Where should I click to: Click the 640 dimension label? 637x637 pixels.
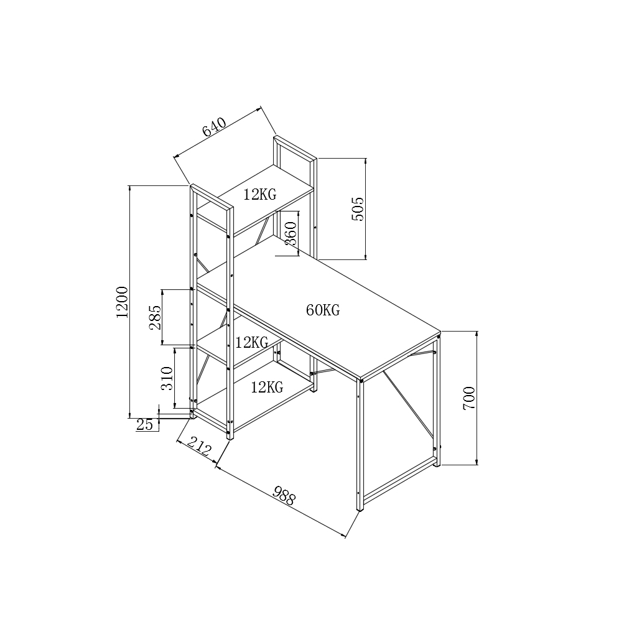click(x=214, y=127)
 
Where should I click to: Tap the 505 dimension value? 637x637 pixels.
click(x=358, y=209)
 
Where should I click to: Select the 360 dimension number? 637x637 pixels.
click(x=291, y=233)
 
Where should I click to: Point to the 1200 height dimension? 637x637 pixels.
click(x=122, y=302)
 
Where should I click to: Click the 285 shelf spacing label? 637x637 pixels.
click(x=155, y=317)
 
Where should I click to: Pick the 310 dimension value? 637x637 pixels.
click(x=167, y=378)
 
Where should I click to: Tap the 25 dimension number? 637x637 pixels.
click(x=144, y=425)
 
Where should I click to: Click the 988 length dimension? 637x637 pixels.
click(x=284, y=496)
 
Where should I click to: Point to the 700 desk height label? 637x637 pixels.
click(x=469, y=398)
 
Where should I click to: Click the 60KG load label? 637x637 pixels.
click(x=323, y=310)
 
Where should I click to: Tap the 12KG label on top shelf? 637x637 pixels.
click(x=259, y=195)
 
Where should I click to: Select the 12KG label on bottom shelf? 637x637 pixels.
click(x=267, y=388)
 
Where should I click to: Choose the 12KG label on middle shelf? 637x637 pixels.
click(x=252, y=342)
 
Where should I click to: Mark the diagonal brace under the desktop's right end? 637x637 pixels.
click(x=408, y=404)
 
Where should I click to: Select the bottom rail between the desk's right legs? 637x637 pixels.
click(x=398, y=481)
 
